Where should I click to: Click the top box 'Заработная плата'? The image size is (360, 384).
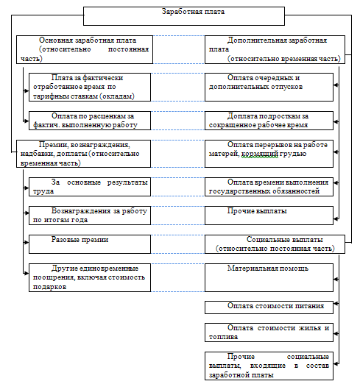point(184,16)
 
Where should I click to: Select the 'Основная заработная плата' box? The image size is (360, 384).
point(85,49)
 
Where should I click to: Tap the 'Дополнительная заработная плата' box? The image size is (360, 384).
point(275,49)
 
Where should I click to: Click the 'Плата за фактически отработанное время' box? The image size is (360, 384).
point(90,87)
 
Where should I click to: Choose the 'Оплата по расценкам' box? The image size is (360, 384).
point(90,121)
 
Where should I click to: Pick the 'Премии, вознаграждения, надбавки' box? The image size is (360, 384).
point(83,154)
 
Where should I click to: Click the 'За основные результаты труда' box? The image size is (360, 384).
point(90,187)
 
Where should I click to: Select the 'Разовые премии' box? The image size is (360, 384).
point(90,244)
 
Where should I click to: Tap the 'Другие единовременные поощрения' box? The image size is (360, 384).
point(90,277)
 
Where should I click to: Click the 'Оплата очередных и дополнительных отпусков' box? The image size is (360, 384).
point(269,87)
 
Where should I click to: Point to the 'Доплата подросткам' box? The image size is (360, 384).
point(269,121)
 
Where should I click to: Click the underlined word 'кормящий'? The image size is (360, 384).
point(260,154)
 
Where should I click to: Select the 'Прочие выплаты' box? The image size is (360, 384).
point(269,216)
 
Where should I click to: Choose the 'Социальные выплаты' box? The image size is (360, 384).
point(275,244)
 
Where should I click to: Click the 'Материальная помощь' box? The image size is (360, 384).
point(269,277)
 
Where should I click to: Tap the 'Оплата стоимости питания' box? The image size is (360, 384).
point(269,307)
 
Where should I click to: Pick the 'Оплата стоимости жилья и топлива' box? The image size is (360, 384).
point(269,333)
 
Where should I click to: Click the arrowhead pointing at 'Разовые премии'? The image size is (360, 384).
point(27,243)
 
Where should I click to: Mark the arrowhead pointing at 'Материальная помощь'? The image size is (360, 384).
point(336,279)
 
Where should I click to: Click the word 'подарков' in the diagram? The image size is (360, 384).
point(49,287)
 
